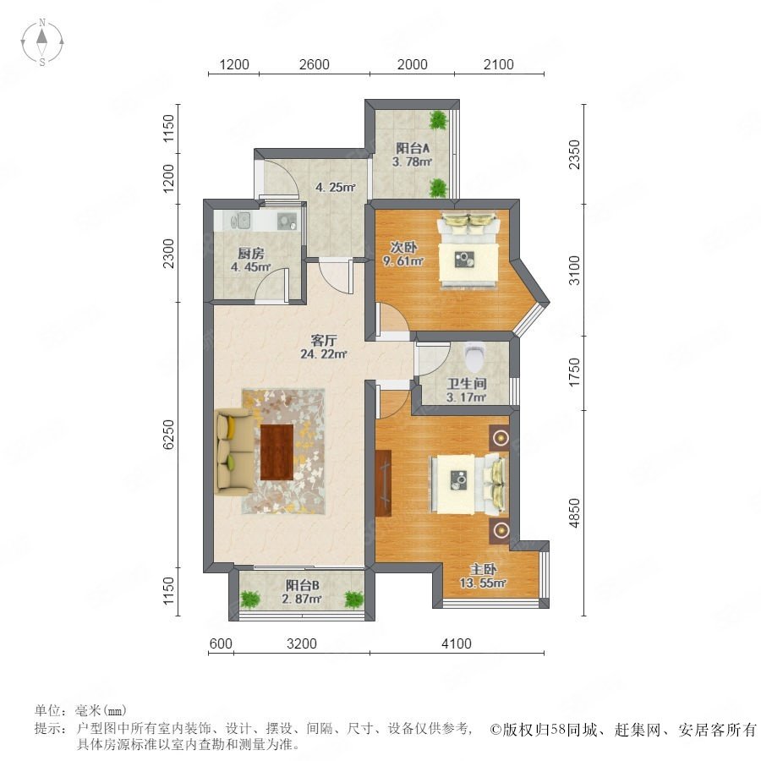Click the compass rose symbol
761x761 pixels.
pyautogui.click(x=42, y=42)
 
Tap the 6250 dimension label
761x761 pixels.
pyautogui.click(x=168, y=435)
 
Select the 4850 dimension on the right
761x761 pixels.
pyautogui.click(x=574, y=513)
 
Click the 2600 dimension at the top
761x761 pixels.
pyautogui.click(x=314, y=64)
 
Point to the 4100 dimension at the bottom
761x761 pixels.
pyautogui.click(x=457, y=643)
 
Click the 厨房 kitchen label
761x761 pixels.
pyautogui.click(x=251, y=254)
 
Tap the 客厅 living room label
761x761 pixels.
pyautogui.click(x=324, y=340)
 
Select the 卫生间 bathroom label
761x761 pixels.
pyautogui.click(x=467, y=383)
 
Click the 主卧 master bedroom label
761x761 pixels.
pyautogui.click(x=483, y=569)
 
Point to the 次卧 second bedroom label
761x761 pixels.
pyautogui.click(x=403, y=247)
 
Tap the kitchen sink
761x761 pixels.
pyautogui.click(x=241, y=221)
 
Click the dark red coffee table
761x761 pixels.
pyautogui.click(x=276, y=452)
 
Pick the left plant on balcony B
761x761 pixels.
pyautogui.click(x=250, y=599)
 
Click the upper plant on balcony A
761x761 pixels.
pyautogui.click(x=439, y=120)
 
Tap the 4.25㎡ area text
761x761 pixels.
pyautogui.click(x=336, y=187)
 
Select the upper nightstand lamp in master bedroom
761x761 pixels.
pyautogui.click(x=500, y=438)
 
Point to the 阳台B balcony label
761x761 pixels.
pyautogui.click(x=302, y=585)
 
